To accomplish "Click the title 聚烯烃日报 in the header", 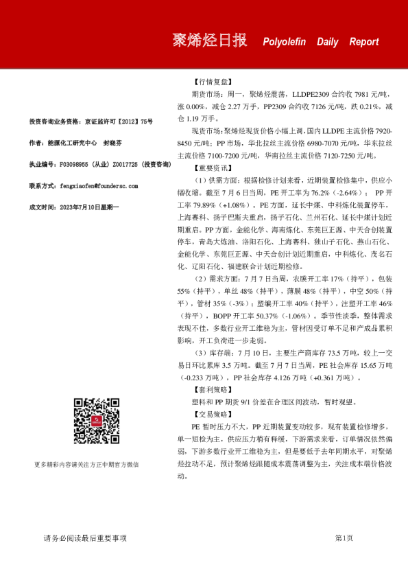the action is pyautogui.click(x=209, y=41).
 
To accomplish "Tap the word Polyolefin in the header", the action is pyautogui.click(x=285, y=42).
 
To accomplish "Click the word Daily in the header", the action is pyautogui.click(x=327, y=42).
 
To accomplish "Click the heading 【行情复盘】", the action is pyautogui.click(x=210, y=81).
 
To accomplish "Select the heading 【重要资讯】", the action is pyautogui.click(x=210, y=167).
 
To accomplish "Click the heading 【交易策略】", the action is pyautogui.click(x=210, y=415).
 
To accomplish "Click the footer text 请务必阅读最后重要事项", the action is pyautogui.click(x=85, y=538).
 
